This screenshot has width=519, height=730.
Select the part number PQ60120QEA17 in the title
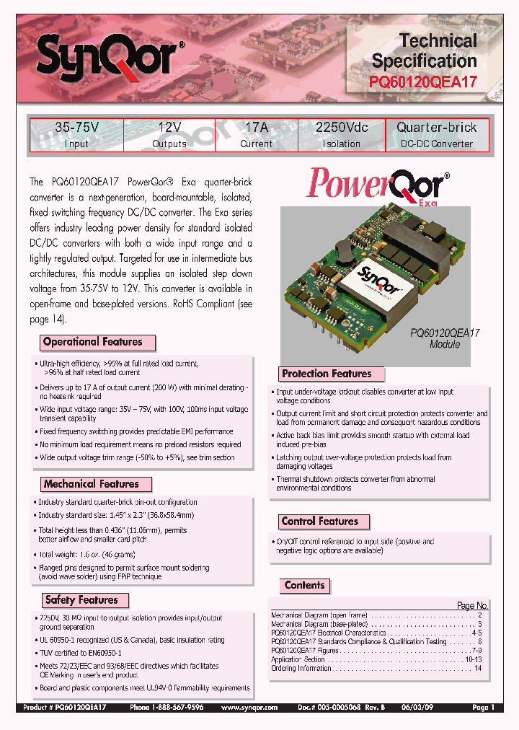[423, 82]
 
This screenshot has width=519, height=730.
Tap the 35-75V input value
[76, 128]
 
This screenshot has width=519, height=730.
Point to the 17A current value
[256, 128]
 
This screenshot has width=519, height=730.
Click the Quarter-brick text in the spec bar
[437, 128]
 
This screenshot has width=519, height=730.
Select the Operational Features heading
[92, 342]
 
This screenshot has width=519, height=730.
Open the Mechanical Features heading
[91, 484]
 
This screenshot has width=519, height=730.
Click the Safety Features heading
[81, 599]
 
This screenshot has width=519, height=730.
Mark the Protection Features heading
[327, 374]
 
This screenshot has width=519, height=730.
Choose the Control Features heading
[319, 521]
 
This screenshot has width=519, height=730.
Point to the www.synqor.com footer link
[249, 708]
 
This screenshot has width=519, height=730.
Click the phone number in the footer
[167, 708]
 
